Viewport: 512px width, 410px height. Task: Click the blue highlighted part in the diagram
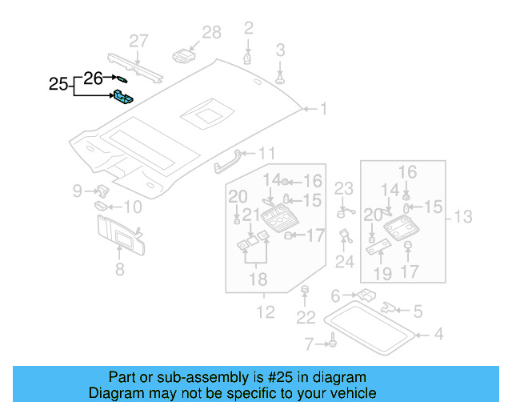click(122, 97)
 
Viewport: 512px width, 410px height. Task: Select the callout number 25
click(58, 83)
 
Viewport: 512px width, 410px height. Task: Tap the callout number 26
click(94, 78)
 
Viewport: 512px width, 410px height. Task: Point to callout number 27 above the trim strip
click(139, 41)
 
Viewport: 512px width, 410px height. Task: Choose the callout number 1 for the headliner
click(324, 108)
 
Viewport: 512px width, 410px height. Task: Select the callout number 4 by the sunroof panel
click(437, 334)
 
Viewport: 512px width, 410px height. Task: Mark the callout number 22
click(306, 318)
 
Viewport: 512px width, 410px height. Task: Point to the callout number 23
click(343, 188)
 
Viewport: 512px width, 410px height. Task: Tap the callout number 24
click(344, 261)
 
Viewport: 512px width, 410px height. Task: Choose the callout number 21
click(251, 214)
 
